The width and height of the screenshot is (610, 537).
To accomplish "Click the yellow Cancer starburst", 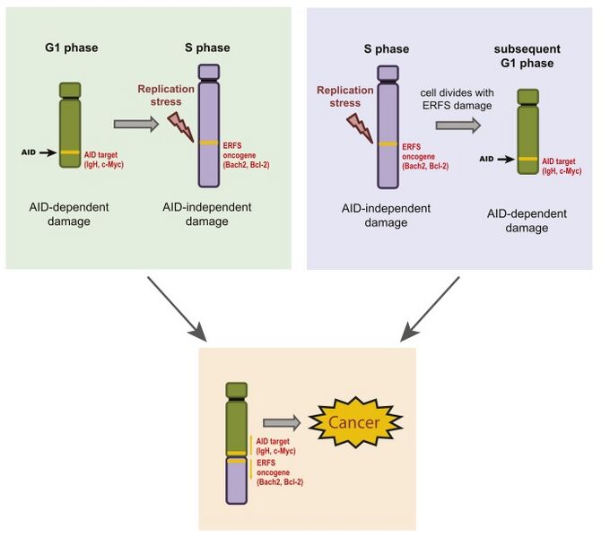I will (353, 422).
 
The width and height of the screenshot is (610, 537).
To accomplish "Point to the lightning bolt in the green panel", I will (181, 124).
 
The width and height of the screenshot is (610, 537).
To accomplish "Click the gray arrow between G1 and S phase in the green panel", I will (135, 125).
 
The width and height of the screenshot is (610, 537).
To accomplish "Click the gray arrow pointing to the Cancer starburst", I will (282, 422).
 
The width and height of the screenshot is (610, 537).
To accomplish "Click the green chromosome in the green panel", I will (71, 125).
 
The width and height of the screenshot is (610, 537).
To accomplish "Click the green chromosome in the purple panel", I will (527, 142).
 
